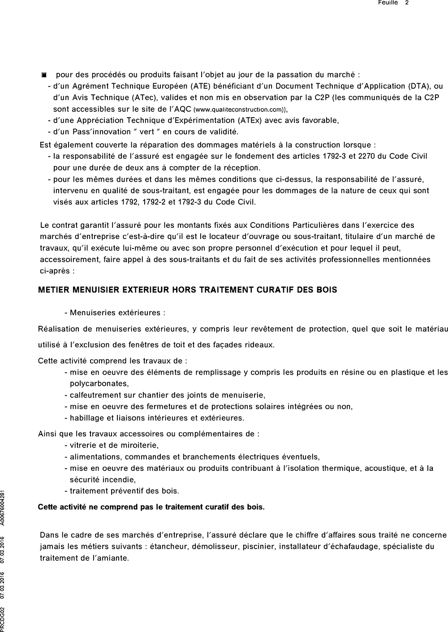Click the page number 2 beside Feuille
(x=407, y=3)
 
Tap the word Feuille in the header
(x=388, y=3)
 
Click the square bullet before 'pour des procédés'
(x=44, y=75)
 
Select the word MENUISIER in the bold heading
(x=93, y=290)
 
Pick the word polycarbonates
(x=99, y=384)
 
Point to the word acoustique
(x=384, y=468)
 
